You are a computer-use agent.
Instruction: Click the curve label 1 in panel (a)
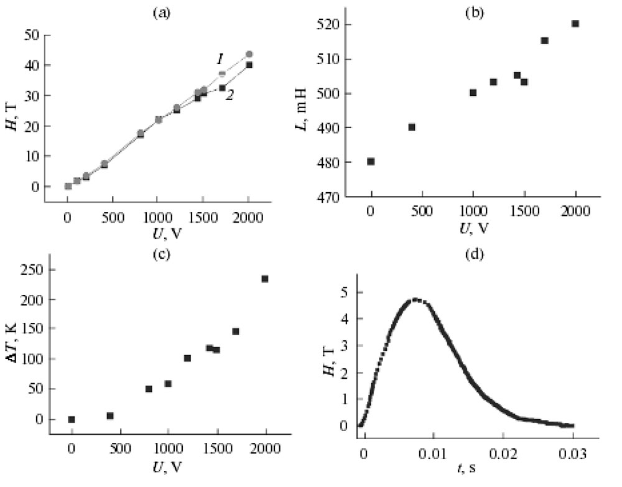point(220,59)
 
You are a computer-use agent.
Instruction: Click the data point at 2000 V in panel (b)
point(575,24)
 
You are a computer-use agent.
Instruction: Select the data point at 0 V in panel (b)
point(371,162)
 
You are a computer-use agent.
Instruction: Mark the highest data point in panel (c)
point(265,279)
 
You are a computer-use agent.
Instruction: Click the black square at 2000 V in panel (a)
point(249,65)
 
